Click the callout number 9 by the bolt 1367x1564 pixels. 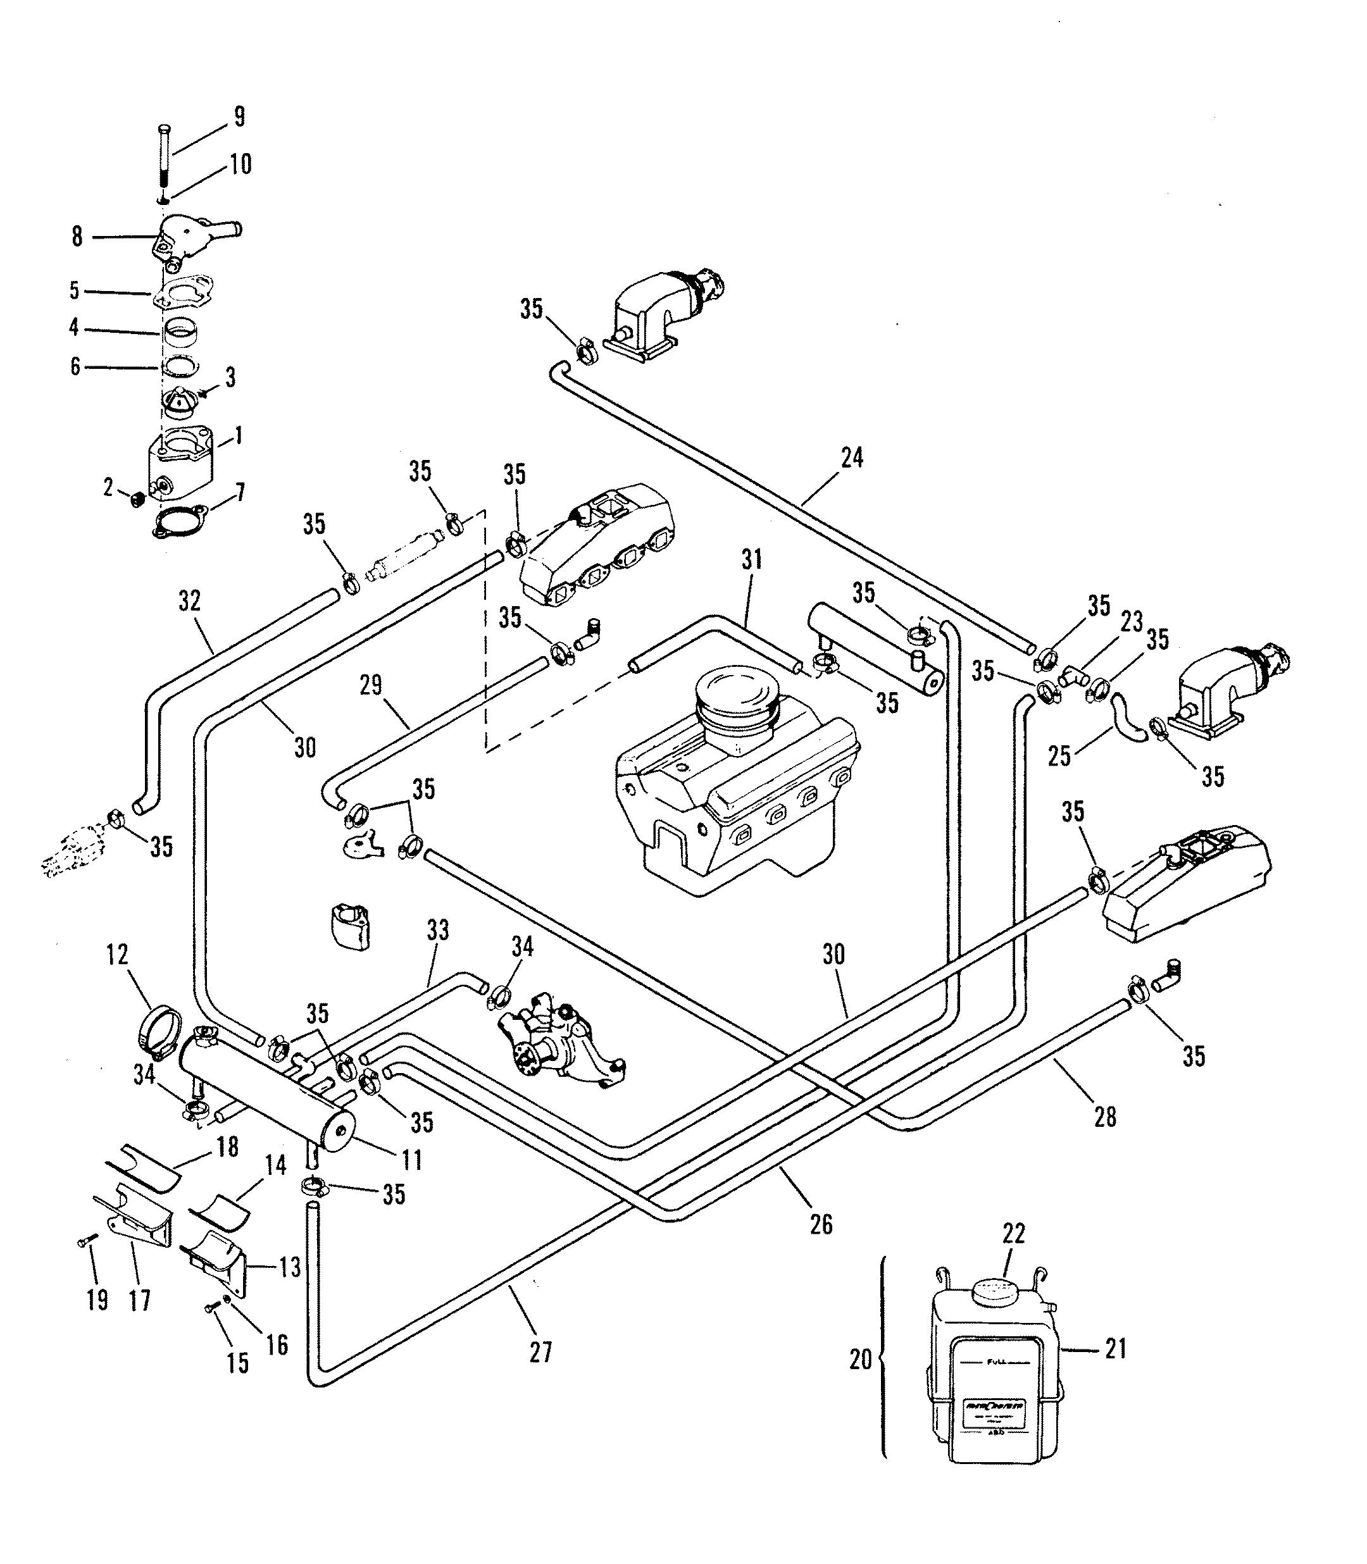pos(239,116)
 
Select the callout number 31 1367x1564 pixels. pos(751,560)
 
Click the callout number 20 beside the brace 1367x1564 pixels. pos(861,1359)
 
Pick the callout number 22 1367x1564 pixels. pos(1014,1234)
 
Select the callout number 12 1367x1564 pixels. pos(118,955)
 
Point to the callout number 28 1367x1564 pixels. pos(1104,1117)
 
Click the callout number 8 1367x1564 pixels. pos(77,237)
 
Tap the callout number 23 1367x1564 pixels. pos(1132,621)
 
